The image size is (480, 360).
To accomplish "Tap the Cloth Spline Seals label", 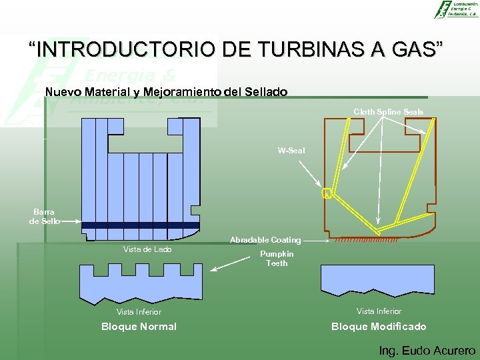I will [388, 112].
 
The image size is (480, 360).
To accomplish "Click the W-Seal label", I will [291, 151].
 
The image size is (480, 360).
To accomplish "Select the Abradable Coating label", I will [265, 240].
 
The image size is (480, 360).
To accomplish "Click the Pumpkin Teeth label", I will [277, 259].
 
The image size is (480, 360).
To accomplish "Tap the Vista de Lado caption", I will [147, 249].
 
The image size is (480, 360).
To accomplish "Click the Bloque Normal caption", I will [139, 327].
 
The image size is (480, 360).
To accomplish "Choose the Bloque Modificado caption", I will [379, 327].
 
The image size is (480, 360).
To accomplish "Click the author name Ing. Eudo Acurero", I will [427, 351].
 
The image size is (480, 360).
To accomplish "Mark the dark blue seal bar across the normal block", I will [140, 225].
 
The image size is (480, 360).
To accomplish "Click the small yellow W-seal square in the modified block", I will [327, 194].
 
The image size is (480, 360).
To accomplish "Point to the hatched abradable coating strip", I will [366, 240].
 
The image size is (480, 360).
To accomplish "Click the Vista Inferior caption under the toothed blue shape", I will [139, 311].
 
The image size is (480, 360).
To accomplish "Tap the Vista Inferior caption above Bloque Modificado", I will [379, 311].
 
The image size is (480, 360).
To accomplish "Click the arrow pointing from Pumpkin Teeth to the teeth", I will [233, 265].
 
